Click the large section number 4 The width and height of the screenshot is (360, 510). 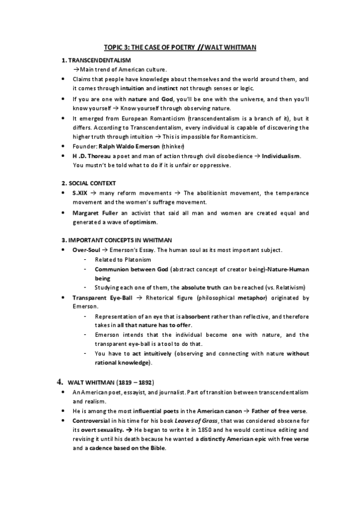coord(59,381)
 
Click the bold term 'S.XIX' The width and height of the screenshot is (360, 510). coord(81,192)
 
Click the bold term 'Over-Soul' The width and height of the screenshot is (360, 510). coord(87,250)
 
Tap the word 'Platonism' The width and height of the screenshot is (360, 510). coord(136,259)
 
